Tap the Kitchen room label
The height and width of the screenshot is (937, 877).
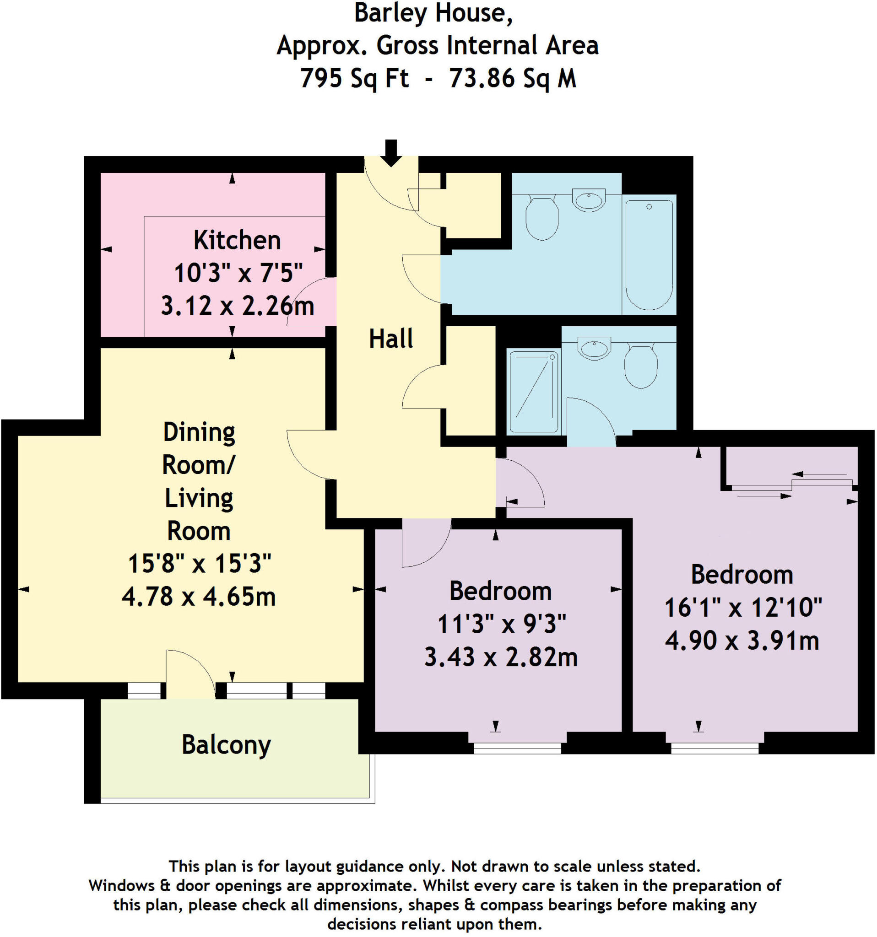237,240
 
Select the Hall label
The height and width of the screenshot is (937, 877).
391,339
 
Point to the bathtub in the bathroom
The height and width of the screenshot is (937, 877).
649,254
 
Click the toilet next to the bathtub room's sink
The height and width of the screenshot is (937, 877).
542,218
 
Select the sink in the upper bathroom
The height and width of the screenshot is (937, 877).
589,200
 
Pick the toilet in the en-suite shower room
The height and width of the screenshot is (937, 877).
641,366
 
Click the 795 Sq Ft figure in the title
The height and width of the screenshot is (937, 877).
355,78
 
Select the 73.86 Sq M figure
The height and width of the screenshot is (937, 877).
513,78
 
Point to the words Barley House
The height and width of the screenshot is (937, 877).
433,13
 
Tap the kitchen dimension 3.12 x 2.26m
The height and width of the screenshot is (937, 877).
237,306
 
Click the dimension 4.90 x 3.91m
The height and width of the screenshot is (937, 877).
742,641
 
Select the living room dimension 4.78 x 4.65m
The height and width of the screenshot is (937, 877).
199,597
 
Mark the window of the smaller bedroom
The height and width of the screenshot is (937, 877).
517,748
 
